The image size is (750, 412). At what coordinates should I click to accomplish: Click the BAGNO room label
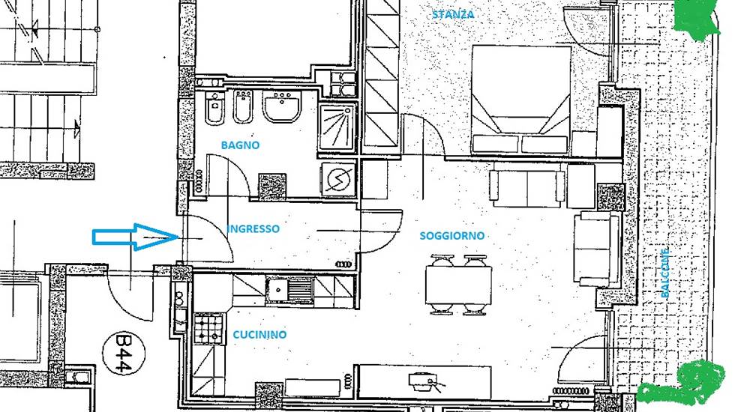(x=240, y=145)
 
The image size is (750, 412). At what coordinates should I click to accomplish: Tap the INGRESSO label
(x=253, y=228)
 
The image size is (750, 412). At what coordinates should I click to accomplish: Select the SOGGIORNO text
(x=451, y=236)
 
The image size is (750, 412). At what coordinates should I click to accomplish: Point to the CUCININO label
(x=259, y=335)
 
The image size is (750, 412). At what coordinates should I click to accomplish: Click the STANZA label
(x=453, y=14)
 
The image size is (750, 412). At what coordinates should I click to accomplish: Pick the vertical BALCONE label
(x=664, y=273)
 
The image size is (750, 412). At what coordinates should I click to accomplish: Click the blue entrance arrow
(x=135, y=237)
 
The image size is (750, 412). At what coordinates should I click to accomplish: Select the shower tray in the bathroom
(x=337, y=127)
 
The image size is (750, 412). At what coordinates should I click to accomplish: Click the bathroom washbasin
(x=282, y=106)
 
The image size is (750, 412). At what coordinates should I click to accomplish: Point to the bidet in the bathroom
(x=243, y=108)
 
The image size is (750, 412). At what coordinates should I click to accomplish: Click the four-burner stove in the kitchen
(x=208, y=329)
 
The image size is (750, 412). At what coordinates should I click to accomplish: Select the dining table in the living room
(x=459, y=285)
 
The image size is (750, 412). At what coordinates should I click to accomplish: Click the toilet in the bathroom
(x=214, y=107)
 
